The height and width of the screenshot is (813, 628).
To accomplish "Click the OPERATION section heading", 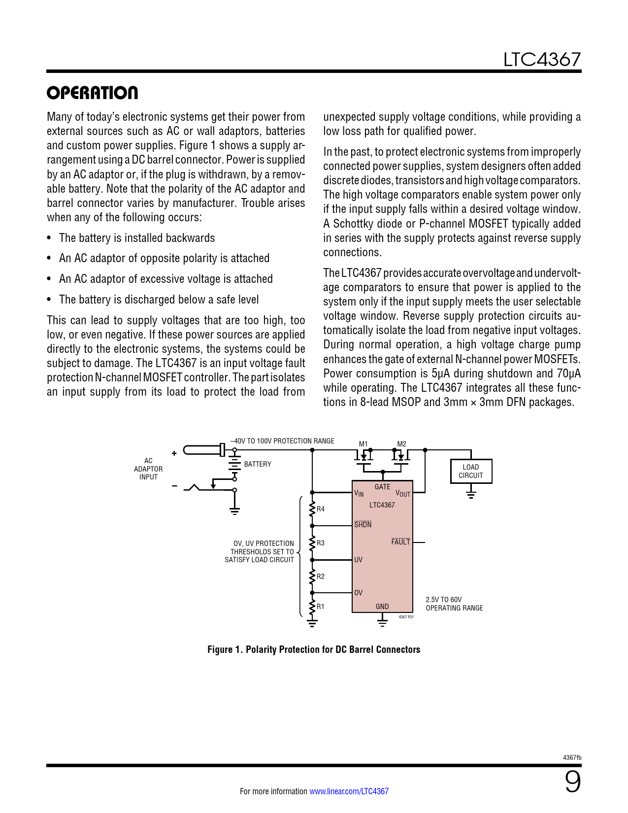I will click(x=93, y=93).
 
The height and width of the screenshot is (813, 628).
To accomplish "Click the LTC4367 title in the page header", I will click(x=542, y=60).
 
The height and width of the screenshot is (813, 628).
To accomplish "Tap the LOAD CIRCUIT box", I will click(x=471, y=471).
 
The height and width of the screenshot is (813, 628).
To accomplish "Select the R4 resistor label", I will click(x=321, y=509).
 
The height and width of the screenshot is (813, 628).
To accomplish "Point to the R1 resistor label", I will click(x=321, y=607).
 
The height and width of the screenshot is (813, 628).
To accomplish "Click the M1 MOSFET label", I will click(x=363, y=444).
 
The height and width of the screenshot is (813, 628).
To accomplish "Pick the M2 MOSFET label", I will click(x=402, y=444).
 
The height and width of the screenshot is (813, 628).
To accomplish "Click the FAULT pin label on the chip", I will click(x=400, y=542).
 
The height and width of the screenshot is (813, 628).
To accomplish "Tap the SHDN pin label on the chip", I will click(x=363, y=525).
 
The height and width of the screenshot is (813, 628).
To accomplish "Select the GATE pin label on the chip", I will click(x=382, y=487).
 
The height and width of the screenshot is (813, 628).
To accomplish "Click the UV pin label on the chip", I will click(x=359, y=560).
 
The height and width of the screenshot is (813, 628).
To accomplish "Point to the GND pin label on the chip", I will click(x=382, y=607).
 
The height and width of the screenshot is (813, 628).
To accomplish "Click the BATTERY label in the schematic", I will click(x=258, y=464).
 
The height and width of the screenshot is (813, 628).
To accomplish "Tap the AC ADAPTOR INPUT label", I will click(x=148, y=469).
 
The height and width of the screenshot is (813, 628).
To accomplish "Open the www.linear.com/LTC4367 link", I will click(x=349, y=791).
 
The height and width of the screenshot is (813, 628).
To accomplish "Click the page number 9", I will click(x=572, y=782).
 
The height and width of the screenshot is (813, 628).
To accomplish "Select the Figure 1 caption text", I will click(x=314, y=649).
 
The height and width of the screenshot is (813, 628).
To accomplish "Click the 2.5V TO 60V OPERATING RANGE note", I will click(x=454, y=604).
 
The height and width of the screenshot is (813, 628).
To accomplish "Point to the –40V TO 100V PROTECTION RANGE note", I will click(x=282, y=441).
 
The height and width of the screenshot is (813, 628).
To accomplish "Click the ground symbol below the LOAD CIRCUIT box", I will click(x=471, y=494).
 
